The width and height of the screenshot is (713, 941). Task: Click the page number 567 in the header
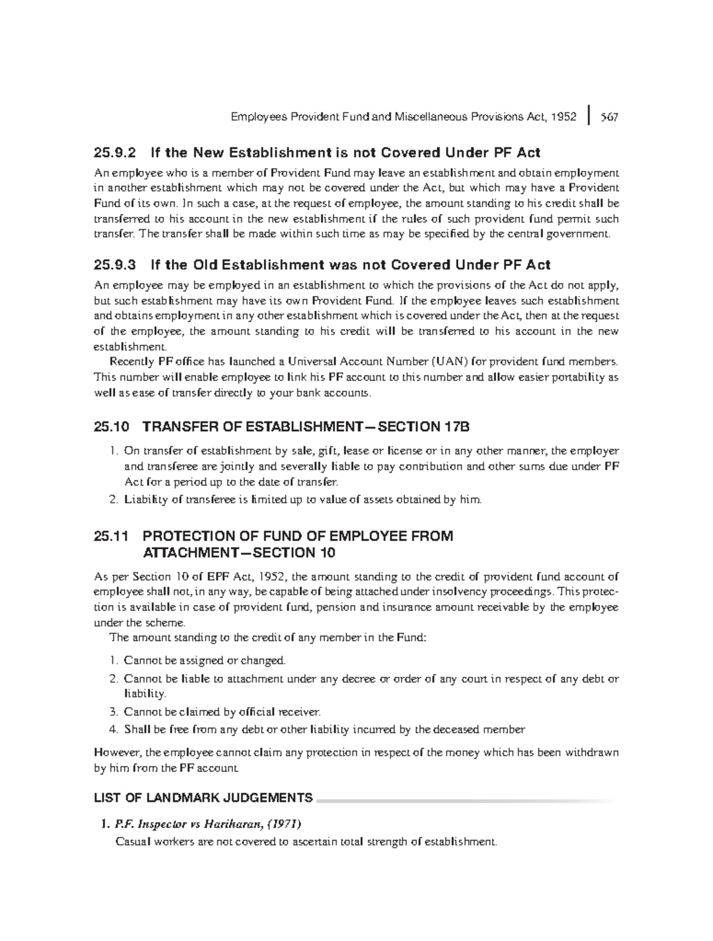[609, 117]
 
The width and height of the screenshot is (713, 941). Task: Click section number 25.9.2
[115, 153]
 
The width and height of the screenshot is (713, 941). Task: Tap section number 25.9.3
[115, 264]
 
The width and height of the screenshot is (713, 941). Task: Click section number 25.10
[111, 427]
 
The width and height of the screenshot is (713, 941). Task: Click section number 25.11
[111, 536]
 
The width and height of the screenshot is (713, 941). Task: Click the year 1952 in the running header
[563, 117]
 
